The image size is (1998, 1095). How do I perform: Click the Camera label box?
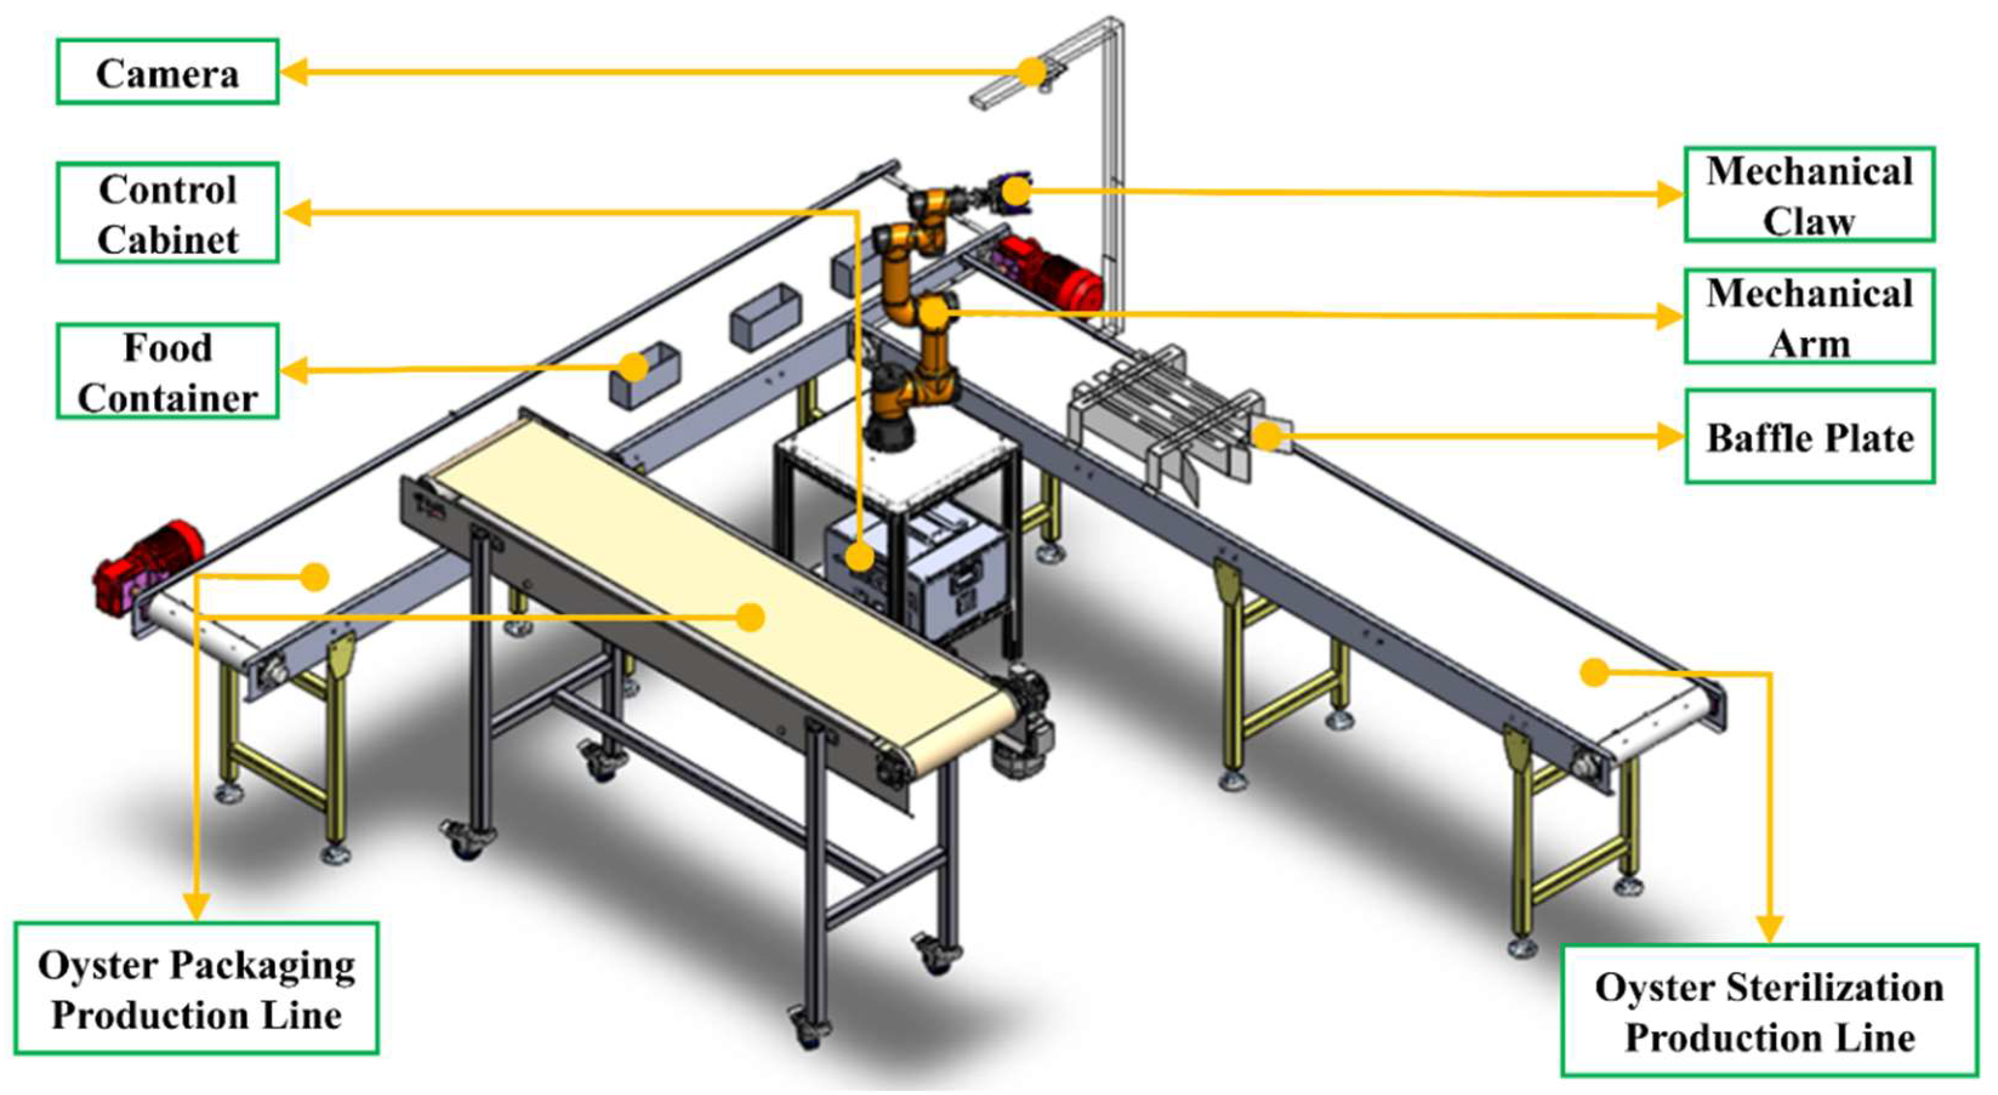click(167, 72)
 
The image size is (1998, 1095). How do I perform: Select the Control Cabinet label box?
click(167, 212)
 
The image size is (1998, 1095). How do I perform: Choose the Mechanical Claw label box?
click(1809, 195)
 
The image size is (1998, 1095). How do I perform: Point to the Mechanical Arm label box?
click(1809, 316)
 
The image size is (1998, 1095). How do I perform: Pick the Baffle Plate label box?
click(1809, 437)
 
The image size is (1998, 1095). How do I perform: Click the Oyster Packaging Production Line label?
click(196, 989)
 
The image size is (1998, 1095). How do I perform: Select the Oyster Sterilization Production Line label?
click(1770, 1011)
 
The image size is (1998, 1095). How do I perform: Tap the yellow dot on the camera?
click(1033, 72)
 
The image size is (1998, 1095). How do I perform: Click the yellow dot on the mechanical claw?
click(1016, 190)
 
